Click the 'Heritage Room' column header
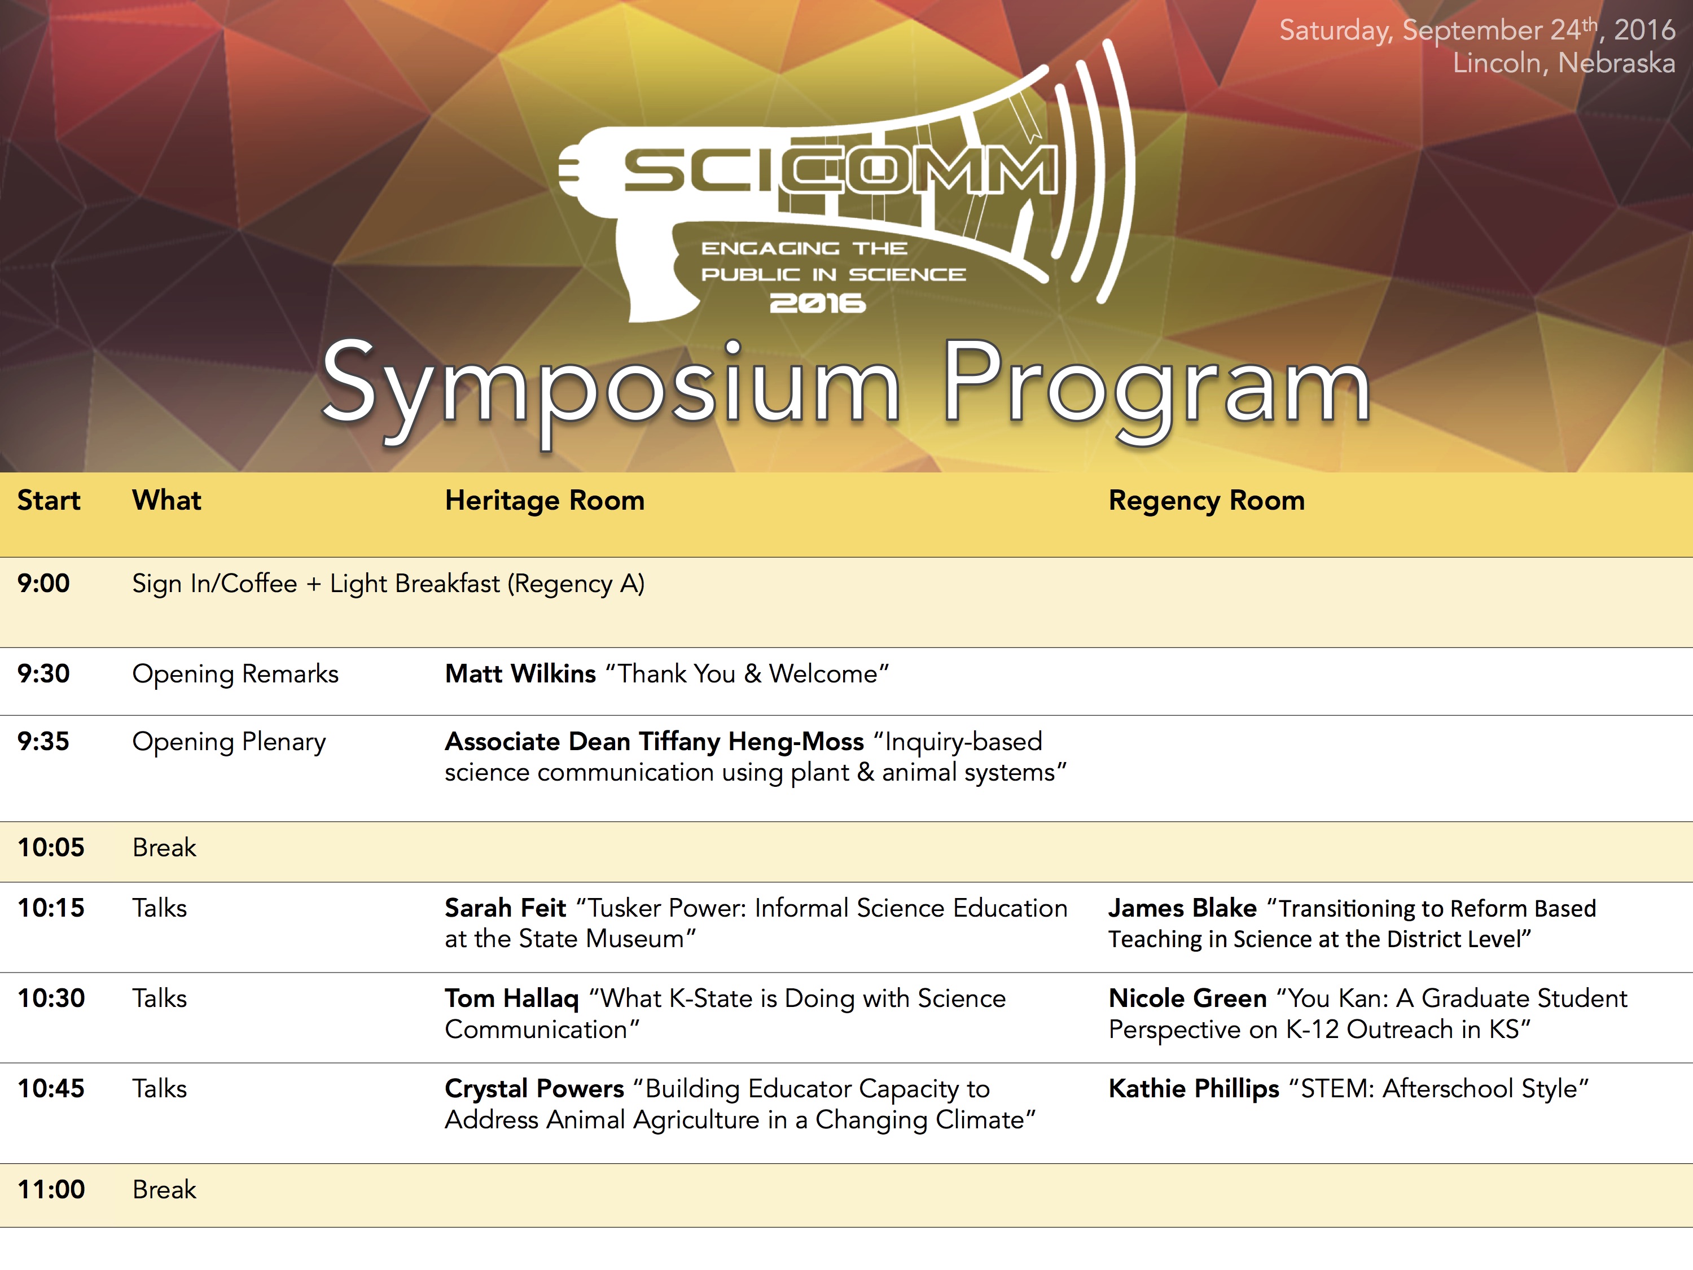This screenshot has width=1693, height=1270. [545, 501]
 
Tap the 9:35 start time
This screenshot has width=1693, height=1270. [43, 741]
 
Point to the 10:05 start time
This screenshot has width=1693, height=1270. [51, 847]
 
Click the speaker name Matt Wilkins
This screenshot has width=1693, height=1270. [520, 673]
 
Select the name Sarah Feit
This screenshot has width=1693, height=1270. [505, 908]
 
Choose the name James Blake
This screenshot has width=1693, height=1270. [1182, 908]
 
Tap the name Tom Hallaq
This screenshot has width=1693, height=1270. [512, 999]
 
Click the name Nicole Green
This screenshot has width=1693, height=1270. [1188, 999]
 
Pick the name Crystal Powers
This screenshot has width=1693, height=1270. [535, 1089]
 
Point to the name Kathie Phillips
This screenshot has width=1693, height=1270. [1194, 1089]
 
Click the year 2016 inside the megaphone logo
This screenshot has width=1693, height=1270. [817, 304]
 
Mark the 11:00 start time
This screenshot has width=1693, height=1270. [51, 1190]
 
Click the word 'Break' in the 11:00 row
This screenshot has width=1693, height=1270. [165, 1190]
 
